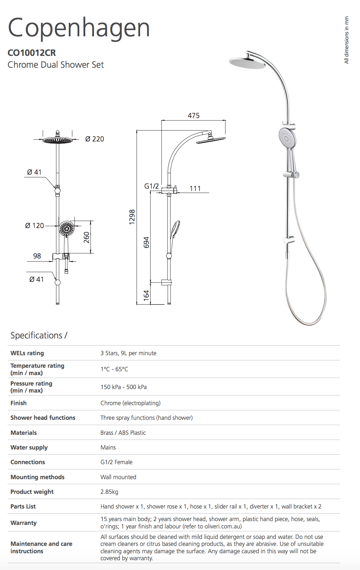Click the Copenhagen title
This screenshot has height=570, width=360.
coord(79,28)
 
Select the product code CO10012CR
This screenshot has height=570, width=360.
coord(32,53)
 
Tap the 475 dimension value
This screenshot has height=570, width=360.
coord(194,116)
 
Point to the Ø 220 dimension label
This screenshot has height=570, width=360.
coord(94,139)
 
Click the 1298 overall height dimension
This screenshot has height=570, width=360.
coord(132,217)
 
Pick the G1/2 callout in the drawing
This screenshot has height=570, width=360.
coord(152,186)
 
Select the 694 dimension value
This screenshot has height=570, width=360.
coord(146,242)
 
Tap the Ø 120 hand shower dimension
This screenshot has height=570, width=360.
coord(35,226)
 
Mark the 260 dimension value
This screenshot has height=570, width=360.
coord(86,237)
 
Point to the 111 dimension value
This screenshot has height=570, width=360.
coord(195,189)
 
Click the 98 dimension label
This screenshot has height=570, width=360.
coord(37,256)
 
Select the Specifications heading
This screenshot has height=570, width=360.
coord(39,335)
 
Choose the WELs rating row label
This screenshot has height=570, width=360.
coord(27,353)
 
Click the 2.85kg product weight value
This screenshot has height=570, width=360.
coord(109,492)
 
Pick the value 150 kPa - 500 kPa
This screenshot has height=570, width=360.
coord(124,387)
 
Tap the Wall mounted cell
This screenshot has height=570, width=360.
coord(118,477)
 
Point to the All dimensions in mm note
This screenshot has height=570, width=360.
coord(346,40)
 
